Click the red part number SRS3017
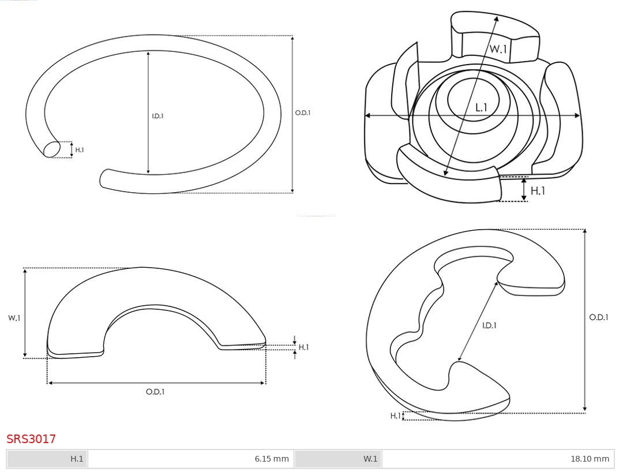tap(31, 439)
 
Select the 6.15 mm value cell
tap(191, 459)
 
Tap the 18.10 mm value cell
tap(498, 459)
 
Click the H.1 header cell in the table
tap(47, 459)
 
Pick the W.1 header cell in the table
tap(338, 459)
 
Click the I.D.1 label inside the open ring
tap(157, 116)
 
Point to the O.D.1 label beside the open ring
tap(303, 113)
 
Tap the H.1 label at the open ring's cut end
tap(80, 150)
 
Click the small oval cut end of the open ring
tap(52, 149)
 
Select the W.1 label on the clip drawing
tap(498, 49)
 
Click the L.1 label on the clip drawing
tap(481, 107)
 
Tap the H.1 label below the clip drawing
tap(538, 191)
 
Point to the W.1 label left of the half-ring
tap(14, 318)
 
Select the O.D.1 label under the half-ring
tap(155, 392)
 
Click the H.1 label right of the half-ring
tap(303, 347)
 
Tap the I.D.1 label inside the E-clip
tap(490, 325)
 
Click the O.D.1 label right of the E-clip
tap(599, 317)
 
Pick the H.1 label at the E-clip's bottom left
tap(395, 416)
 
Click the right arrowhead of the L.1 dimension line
tap(577, 115)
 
